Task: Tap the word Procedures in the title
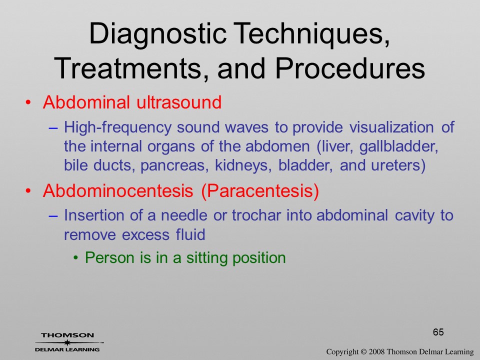click(x=349, y=68)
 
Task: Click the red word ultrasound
click(x=179, y=102)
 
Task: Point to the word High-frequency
click(x=117, y=127)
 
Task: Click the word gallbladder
click(x=399, y=146)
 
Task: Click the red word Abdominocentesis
click(x=118, y=190)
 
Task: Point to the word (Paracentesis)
click(x=260, y=191)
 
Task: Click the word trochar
click(x=256, y=215)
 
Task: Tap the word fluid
click(x=190, y=234)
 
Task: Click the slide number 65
click(x=438, y=332)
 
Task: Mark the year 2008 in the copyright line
click(x=376, y=351)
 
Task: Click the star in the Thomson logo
click(x=66, y=342)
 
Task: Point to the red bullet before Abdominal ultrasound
click(x=28, y=102)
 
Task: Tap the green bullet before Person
click(x=75, y=258)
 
